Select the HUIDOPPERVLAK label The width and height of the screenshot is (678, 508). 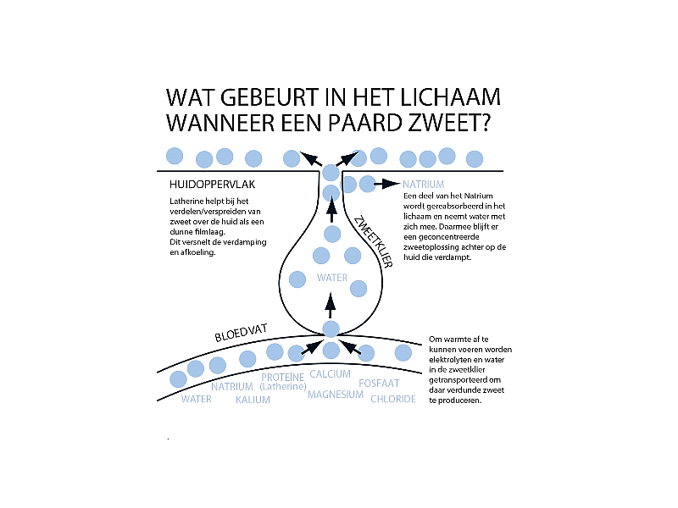click(x=212, y=184)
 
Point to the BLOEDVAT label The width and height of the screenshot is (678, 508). click(x=242, y=336)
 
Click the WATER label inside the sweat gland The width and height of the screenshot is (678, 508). click(x=332, y=277)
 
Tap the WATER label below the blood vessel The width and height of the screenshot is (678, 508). click(x=197, y=399)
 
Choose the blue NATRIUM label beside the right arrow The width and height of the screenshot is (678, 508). click(x=424, y=184)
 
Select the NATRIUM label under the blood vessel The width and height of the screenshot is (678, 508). click(x=232, y=387)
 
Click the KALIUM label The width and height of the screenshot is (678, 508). click(x=253, y=400)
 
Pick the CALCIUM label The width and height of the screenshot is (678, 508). click(x=330, y=373)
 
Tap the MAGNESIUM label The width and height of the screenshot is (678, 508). click(x=336, y=395)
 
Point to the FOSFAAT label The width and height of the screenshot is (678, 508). click(x=379, y=384)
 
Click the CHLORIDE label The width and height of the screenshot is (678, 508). click(x=393, y=399)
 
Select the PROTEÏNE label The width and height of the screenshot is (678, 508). click(x=282, y=377)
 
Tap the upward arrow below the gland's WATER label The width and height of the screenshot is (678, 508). click(x=331, y=303)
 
